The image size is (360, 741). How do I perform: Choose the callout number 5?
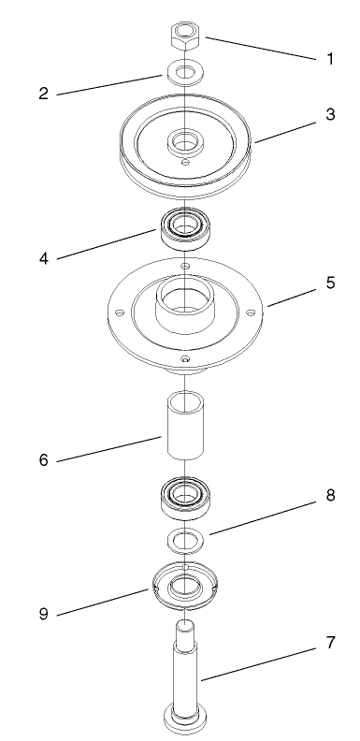(x=330, y=283)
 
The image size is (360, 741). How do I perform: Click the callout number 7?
(x=330, y=644)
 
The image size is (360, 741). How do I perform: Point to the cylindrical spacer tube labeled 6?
(x=186, y=425)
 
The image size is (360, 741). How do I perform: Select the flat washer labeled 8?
(x=186, y=539)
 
